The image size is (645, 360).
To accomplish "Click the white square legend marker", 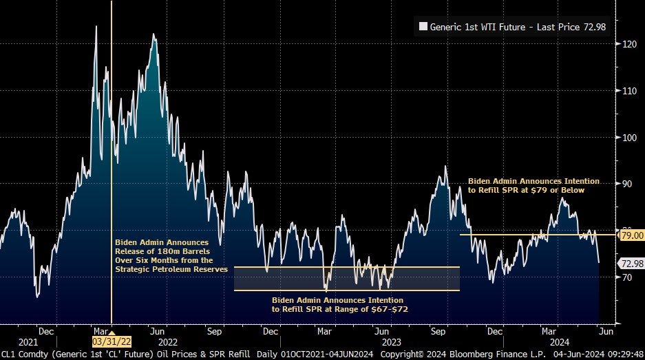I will [x=423, y=28].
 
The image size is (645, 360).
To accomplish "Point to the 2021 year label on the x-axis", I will [x=28, y=341].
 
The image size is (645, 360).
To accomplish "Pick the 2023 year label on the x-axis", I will [x=391, y=341].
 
